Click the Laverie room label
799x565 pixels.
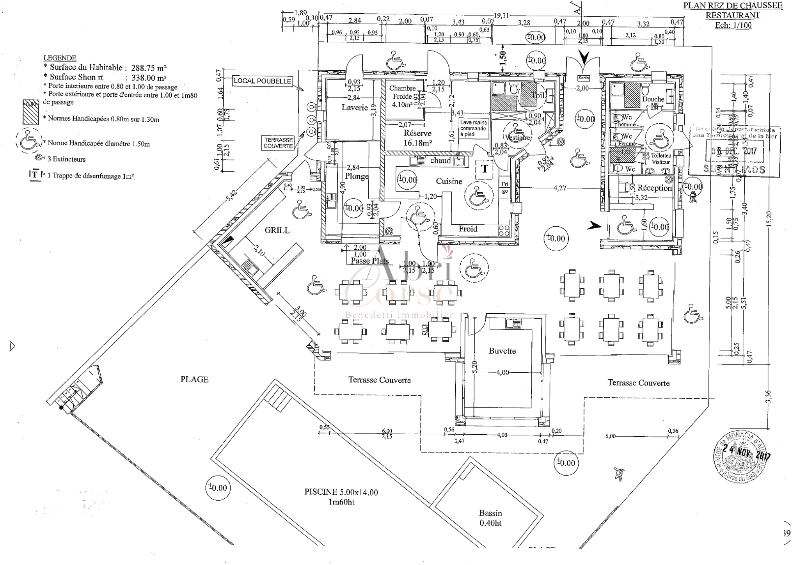pyautogui.click(x=355, y=107)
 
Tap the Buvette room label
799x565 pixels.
pyautogui.click(x=502, y=351)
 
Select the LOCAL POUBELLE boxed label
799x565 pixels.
pyautogui.click(x=262, y=81)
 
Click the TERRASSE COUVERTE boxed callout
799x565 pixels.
pyautogui.click(x=278, y=143)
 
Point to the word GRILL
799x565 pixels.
pyautogui.click(x=277, y=230)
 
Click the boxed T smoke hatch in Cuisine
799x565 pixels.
pyautogui.click(x=484, y=169)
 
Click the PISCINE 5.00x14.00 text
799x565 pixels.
pyautogui.click(x=341, y=492)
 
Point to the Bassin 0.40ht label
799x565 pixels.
pyautogui.click(x=490, y=518)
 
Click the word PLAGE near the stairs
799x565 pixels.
pyautogui.click(x=194, y=379)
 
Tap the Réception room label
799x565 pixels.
pyautogui.click(x=654, y=188)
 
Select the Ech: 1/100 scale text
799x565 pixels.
pyautogui.click(x=733, y=25)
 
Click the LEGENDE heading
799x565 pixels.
pyautogui.click(x=60, y=58)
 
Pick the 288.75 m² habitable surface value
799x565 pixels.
pyautogui.click(x=149, y=68)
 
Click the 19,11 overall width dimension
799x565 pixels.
pyautogui.click(x=501, y=16)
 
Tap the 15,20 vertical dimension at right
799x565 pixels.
pyautogui.click(x=768, y=219)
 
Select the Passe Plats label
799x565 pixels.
pyautogui.click(x=369, y=261)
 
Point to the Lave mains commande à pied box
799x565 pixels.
pyautogui.click(x=474, y=128)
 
